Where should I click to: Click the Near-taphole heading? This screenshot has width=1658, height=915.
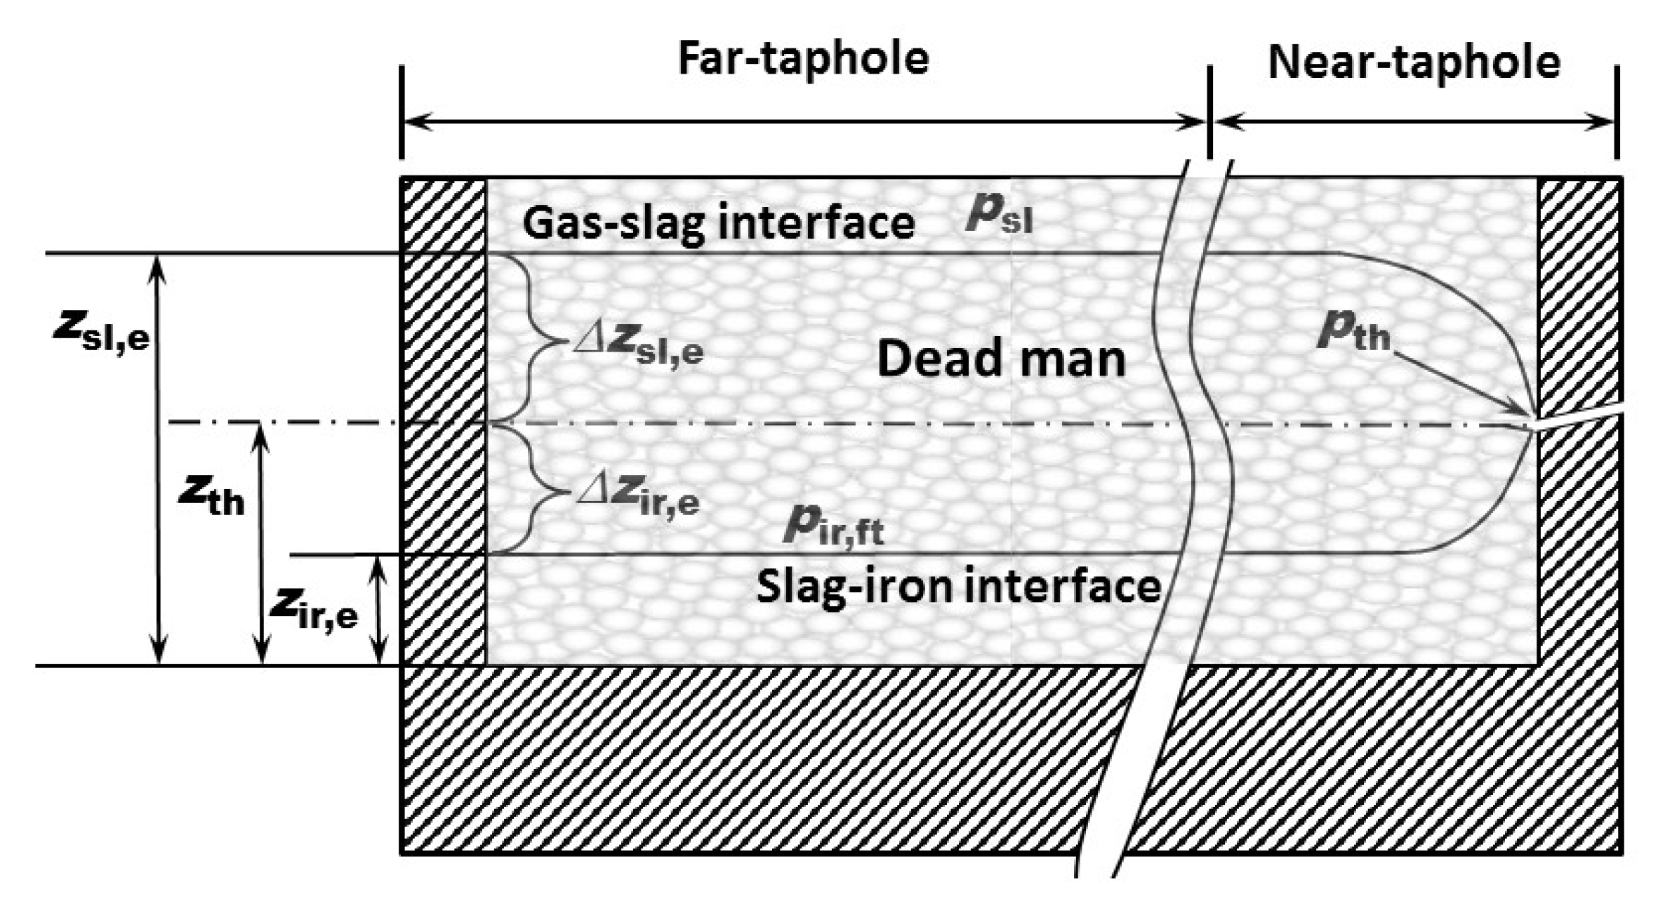(1414, 62)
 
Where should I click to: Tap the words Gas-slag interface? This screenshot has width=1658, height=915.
(718, 223)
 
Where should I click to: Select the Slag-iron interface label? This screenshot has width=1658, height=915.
(958, 586)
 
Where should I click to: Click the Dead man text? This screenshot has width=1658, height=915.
(1001, 359)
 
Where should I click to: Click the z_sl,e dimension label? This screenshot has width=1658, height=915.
(102, 331)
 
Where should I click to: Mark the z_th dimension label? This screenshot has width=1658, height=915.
(211, 495)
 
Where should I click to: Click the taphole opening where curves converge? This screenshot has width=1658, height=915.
(1534, 425)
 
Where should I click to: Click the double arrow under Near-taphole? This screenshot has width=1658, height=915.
(1414, 122)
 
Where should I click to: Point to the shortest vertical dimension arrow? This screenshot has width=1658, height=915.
(378, 610)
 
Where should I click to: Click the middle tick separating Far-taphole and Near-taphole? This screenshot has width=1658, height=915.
(1209, 112)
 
